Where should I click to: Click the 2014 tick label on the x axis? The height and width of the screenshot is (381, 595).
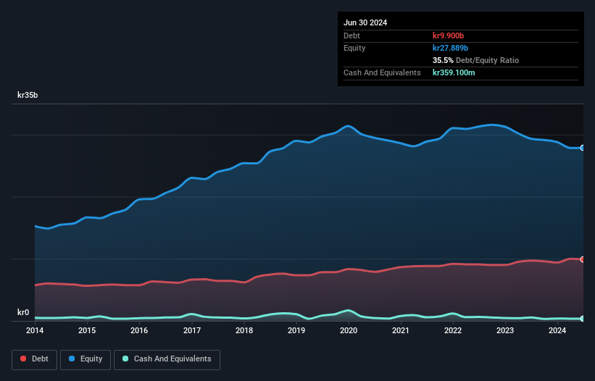tap(35, 330)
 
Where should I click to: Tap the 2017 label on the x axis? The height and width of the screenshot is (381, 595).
tap(192, 330)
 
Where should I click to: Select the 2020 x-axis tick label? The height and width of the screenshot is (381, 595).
tap(349, 330)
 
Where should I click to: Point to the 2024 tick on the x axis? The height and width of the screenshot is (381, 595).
tap(557, 330)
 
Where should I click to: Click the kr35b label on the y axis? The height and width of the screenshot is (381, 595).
tap(29, 95)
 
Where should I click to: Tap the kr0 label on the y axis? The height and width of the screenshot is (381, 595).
tap(23, 313)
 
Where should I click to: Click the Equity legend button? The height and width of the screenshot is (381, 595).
tap(85, 359)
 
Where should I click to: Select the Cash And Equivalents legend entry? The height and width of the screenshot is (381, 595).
tap(167, 359)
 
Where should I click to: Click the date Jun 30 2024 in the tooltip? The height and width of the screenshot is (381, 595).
tap(365, 22)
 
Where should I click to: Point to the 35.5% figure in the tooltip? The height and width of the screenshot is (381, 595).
tap(444, 60)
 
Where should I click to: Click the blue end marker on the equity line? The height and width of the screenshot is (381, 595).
tap(583, 148)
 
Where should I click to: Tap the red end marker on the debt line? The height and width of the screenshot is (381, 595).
tap(583, 259)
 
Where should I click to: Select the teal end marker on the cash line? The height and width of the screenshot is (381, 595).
tap(583, 319)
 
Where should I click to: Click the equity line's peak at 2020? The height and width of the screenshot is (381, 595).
tap(349, 126)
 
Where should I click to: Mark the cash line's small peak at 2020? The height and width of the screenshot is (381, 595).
tap(349, 310)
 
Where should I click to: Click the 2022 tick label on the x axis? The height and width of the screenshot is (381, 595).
tap(453, 330)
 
